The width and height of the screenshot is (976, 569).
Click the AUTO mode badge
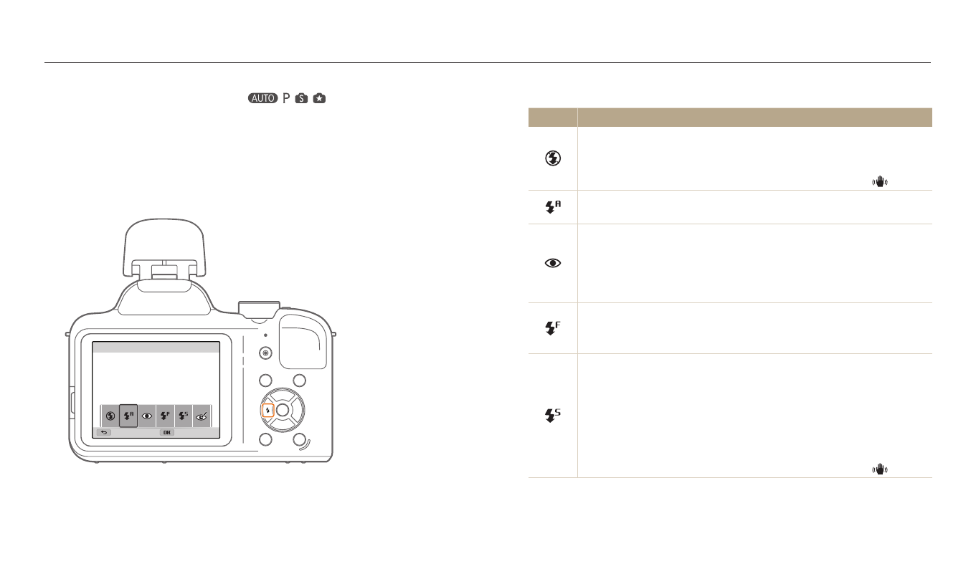(x=262, y=98)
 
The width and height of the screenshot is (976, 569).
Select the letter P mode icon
(x=286, y=98)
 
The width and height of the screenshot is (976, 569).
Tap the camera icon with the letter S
(x=301, y=98)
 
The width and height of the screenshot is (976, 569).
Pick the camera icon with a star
(x=319, y=98)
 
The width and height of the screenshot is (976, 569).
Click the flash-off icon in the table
(x=553, y=158)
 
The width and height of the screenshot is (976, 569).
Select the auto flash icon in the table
(x=553, y=207)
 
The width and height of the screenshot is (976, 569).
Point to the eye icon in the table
(x=553, y=263)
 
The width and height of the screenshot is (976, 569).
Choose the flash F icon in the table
(x=553, y=327)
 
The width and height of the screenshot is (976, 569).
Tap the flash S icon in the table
(x=553, y=416)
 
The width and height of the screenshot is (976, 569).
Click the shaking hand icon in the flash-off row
(x=880, y=181)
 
